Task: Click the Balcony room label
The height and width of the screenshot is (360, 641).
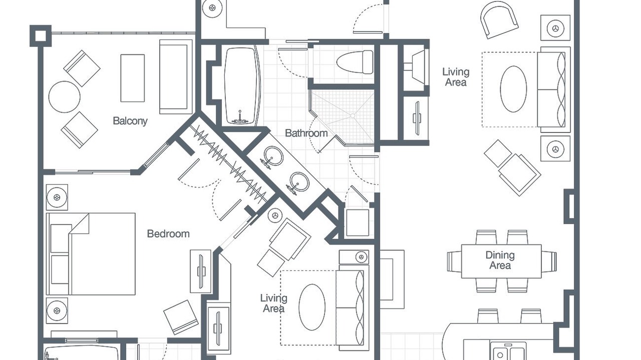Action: click(x=130, y=121)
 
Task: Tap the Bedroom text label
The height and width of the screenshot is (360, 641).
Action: click(x=168, y=233)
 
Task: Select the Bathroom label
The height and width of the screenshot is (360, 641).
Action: click(x=306, y=133)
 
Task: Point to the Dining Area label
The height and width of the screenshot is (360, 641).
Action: click(x=500, y=260)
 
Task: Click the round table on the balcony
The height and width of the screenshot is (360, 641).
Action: click(x=65, y=97)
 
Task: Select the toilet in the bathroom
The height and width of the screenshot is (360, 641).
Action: click(x=355, y=62)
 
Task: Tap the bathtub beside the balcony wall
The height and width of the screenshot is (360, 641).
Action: click(x=242, y=85)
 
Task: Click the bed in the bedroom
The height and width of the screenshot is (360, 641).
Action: click(x=91, y=253)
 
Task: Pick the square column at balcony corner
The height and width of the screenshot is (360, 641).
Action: click(x=41, y=35)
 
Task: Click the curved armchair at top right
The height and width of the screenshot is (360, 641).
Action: click(x=499, y=19)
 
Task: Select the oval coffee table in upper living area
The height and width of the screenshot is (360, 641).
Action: click(x=513, y=89)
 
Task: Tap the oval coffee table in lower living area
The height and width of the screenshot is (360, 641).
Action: click(x=312, y=307)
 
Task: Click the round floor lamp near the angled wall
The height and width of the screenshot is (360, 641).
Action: click(x=275, y=215)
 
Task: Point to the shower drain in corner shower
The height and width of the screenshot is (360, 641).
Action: click(x=353, y=115)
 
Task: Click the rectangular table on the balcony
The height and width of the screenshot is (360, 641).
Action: click(x=133, y=78)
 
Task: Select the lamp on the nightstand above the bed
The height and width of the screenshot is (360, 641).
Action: click(x=57, y=197)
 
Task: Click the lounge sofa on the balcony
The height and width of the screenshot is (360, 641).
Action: click(x=176, y=76)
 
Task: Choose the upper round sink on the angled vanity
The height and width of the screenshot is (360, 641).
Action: click(x=273, y=156)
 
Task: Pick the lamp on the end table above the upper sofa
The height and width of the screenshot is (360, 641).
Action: click(x=555, y=28)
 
